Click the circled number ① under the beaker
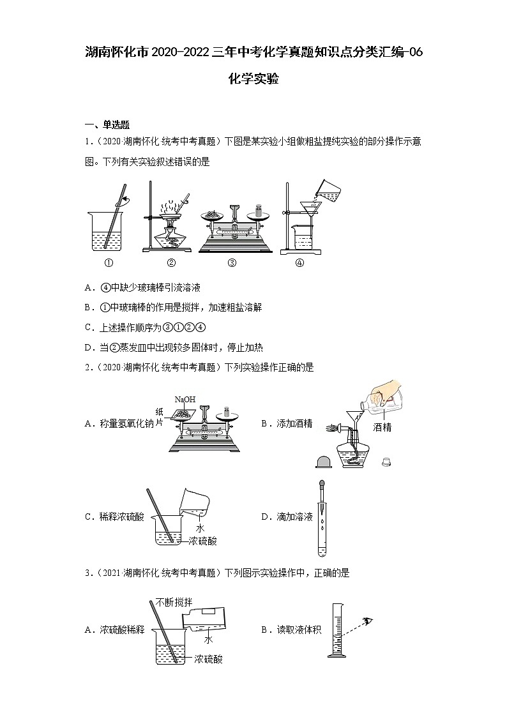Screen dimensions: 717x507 pyautogui.click(x=109, y=262)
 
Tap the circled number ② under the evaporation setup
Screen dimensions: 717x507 pyautogui.click(x=171, y=262)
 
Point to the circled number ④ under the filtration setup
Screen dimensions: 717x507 pyautogui.click(x=299, y=262)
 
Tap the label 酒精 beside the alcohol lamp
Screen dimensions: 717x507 pyautogui.click(x=382, y=427)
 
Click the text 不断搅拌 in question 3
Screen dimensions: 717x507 pyautogui.click(x=174, y=602)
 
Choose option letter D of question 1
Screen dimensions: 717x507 pyautogui.click(x=89, y=347)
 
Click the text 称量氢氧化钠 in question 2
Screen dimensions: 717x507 pyautogui.click(x=124, y=423)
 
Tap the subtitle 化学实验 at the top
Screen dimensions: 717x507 pyautogui.click(x=253, y=80)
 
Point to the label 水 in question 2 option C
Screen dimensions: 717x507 pyautogui.click(x=200, y=528)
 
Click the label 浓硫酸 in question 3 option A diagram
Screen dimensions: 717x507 pyautogui.click(x=209, y=660)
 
